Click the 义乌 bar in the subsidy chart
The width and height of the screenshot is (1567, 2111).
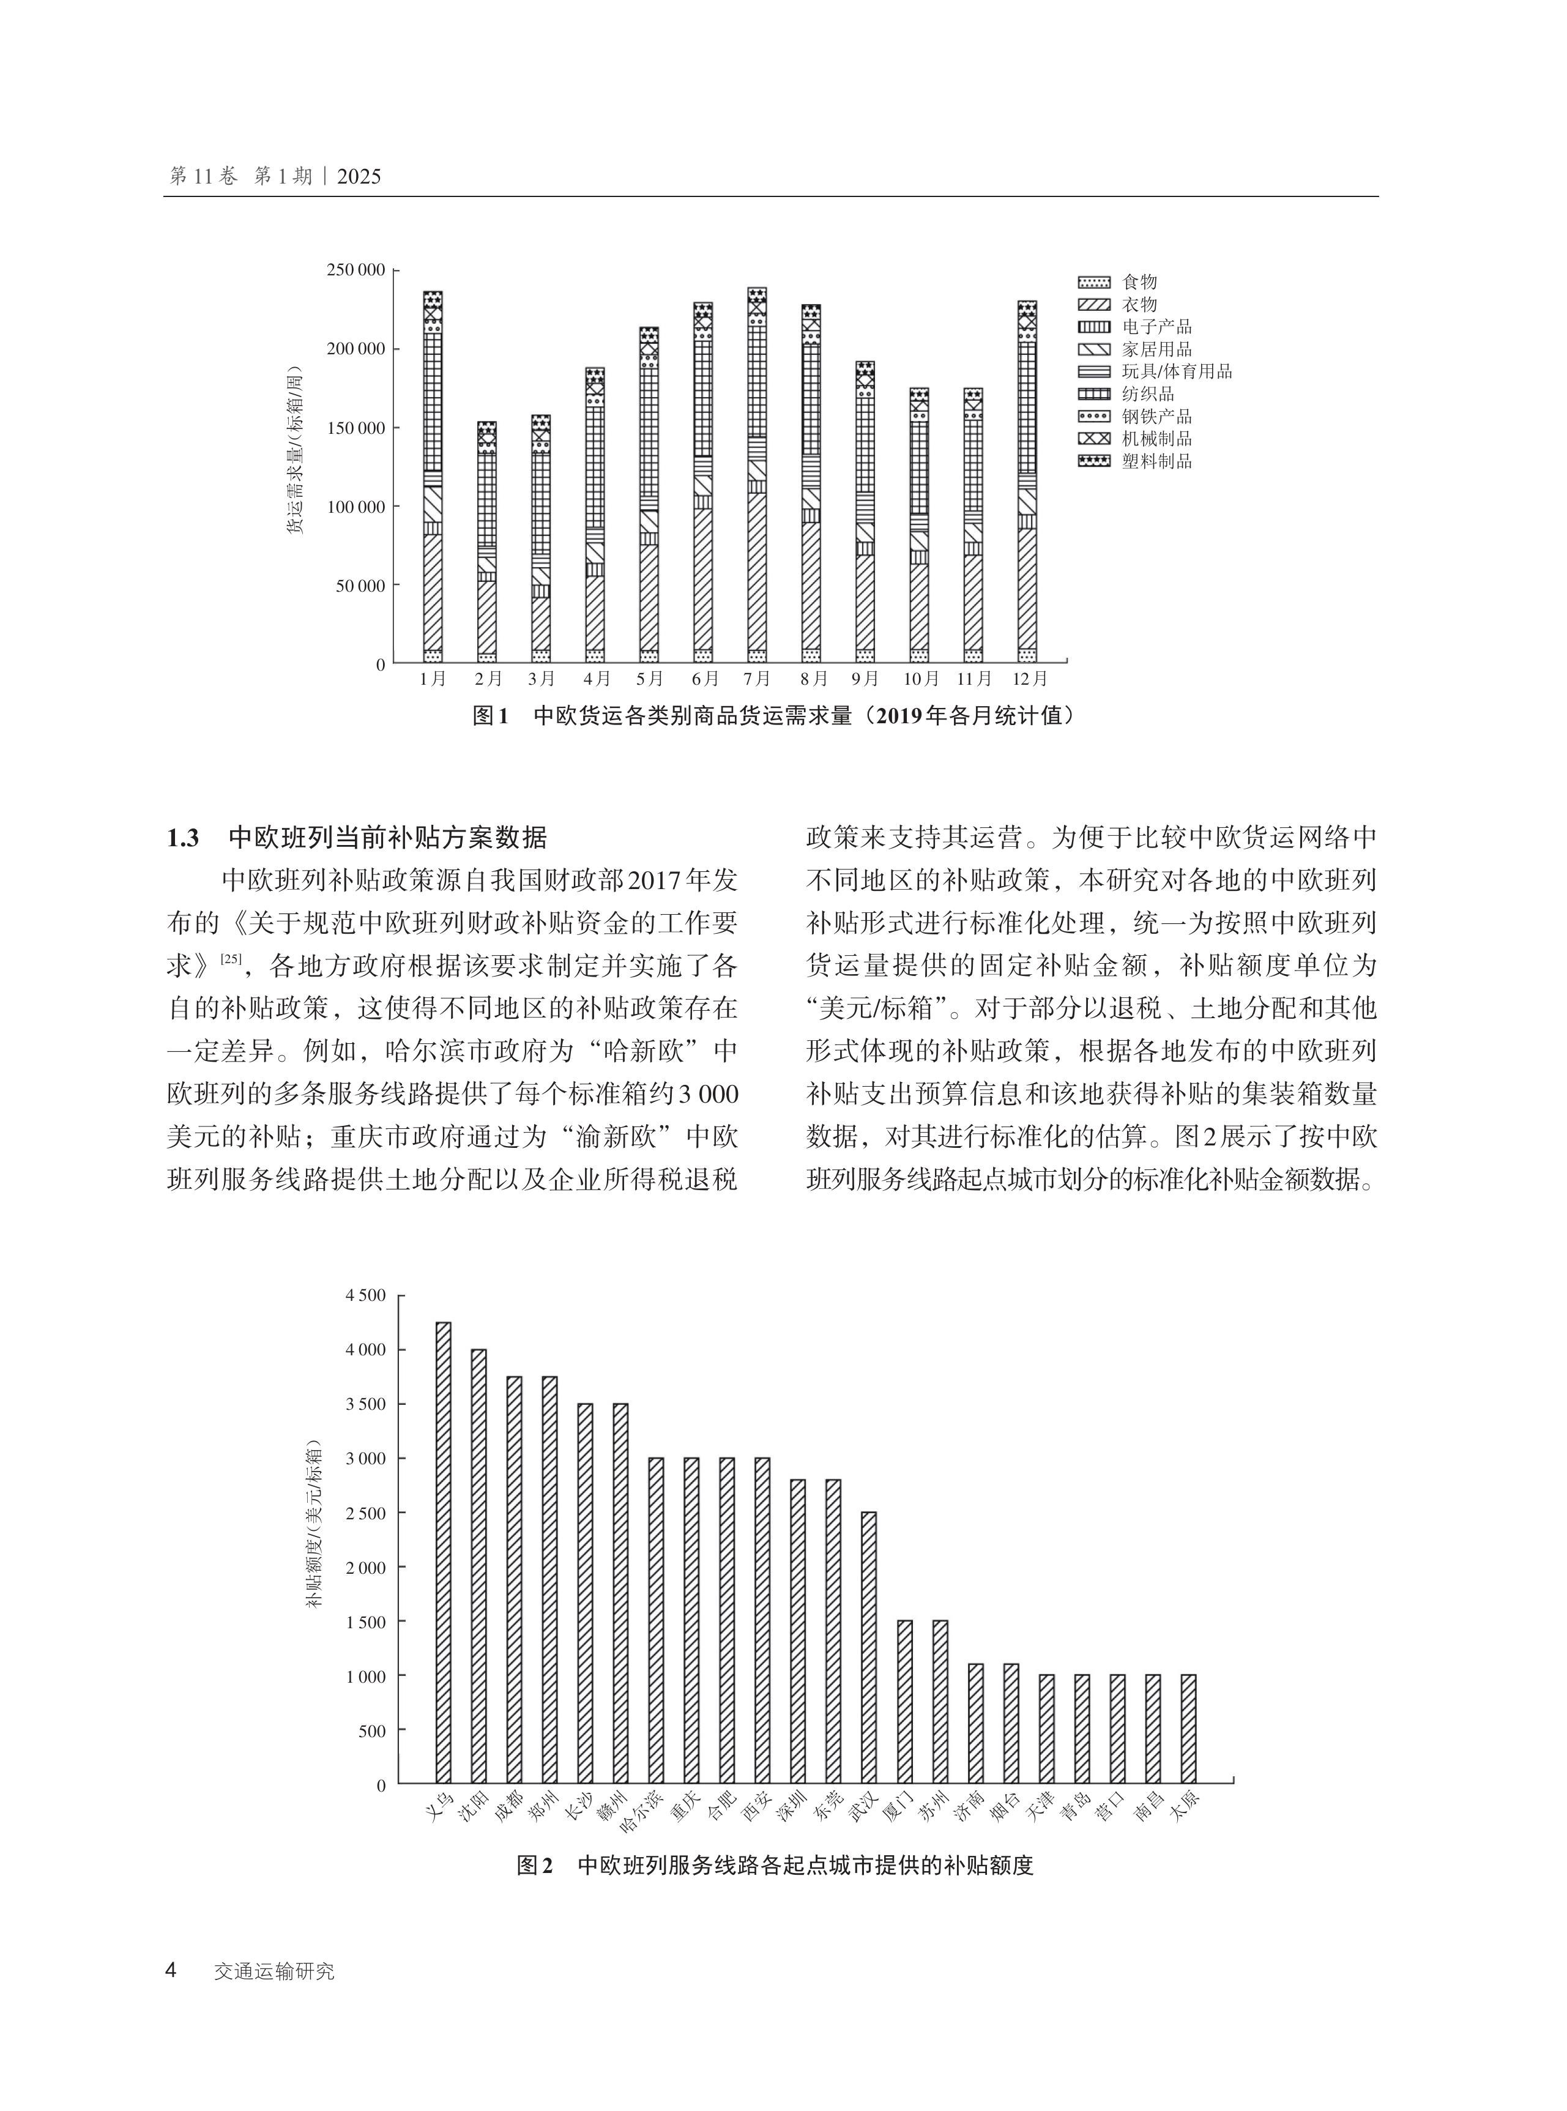443,1552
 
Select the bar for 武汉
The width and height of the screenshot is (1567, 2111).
868,1647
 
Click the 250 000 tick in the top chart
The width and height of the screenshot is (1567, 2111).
355,270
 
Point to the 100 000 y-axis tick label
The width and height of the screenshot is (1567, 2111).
355,507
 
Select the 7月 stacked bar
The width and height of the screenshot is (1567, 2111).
757,474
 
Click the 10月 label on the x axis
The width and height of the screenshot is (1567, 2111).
920,679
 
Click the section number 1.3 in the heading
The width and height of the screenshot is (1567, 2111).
183,838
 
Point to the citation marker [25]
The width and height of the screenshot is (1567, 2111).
231,959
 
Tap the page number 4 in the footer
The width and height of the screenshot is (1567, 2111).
172,1971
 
